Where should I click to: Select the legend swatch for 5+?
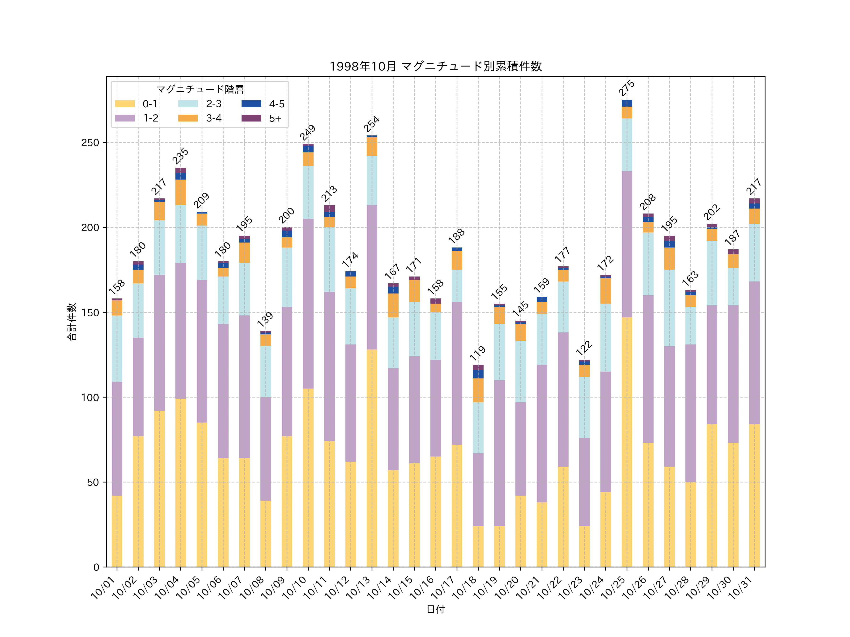tap(251, 118)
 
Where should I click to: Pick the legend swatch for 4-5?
tap(251, 104)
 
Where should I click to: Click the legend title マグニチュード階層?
tap(200, 89)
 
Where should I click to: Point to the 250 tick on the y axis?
tap(90, 142)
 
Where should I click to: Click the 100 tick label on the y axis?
tap(90, 397)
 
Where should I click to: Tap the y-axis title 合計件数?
tap(72, 322)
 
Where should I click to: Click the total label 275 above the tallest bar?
tap(626, 88)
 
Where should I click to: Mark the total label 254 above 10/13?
tap(372, 124)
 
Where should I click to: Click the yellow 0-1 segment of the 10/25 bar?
tap(627, 442)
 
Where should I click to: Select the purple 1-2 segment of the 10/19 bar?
tap(499, 453)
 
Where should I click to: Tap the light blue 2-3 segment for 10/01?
tap(117, 348)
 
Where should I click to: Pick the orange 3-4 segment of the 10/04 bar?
tap(181, 192)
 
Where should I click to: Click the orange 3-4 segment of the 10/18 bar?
tap(478, 390)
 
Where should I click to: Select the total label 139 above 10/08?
tap(265, 319)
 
